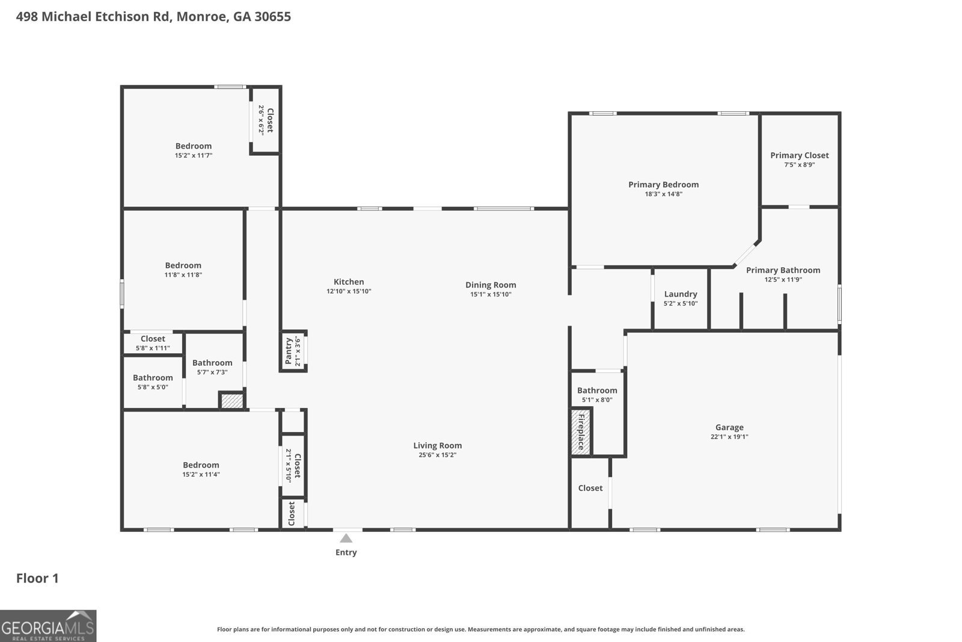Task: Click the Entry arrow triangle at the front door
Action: [x=346, y=538]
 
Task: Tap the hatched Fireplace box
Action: [x=581, y=431]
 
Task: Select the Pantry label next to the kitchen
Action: [x=289, y=351]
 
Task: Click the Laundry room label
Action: [x=681, y=294]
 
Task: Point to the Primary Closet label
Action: [x=799, y=155]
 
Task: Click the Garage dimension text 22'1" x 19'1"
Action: [x=729, y=437]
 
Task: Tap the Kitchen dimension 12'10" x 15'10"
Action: [x=349, y=291]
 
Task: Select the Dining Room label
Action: [x=491, y=285]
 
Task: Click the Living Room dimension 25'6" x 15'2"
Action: [x=437, y=455]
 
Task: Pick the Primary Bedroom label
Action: [x=663, y=185]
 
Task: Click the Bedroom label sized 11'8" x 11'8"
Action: [x=183, y=265]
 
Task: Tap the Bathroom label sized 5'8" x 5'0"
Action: [x=153, y=378]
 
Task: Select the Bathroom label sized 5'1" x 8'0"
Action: [x=597, y=390]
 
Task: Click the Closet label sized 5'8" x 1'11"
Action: [x=153, y=339]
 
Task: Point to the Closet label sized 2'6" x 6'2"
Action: [x=270, y=120]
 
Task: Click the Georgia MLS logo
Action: [x=48, y=626]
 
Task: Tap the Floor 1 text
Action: [x=37, y=578]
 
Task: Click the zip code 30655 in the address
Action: [x=272, y=16]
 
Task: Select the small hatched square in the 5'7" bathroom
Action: [x=231, y=401]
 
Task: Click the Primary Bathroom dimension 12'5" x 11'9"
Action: [x=783, y=280]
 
